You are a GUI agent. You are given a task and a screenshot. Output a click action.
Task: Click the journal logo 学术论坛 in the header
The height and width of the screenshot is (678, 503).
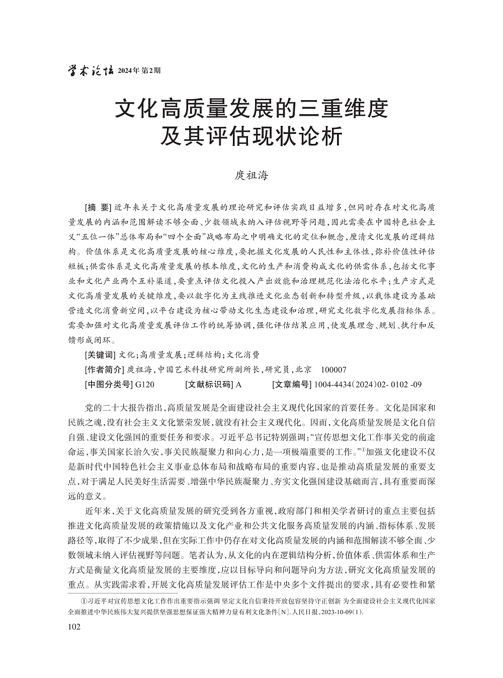(x=90, y=71)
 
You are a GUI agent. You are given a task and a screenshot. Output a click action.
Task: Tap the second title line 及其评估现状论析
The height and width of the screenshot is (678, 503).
(x=251, y=136)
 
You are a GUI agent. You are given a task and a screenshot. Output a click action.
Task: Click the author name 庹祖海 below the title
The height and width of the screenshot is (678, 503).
(x=251, y=176)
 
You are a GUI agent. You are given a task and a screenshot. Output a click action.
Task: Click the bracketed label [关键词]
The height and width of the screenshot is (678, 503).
(x=101, y=355)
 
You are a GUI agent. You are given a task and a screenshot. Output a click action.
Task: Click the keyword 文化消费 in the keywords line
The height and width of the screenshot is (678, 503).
(x=243, y=355)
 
